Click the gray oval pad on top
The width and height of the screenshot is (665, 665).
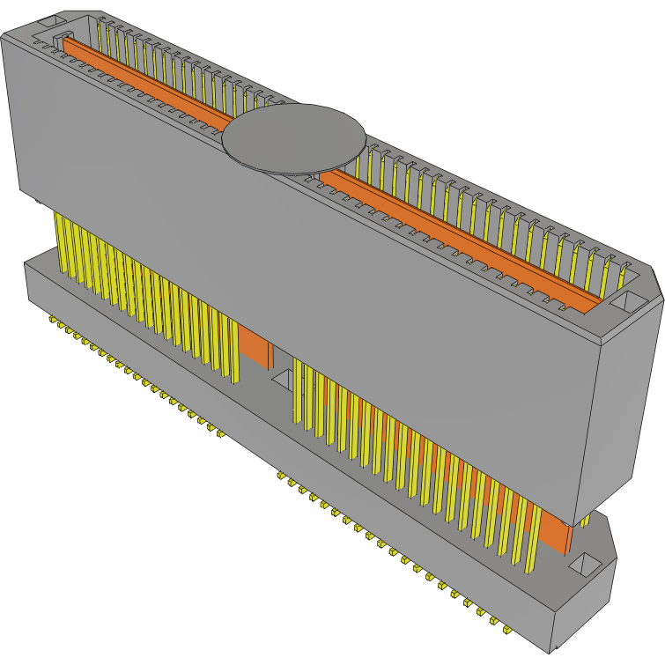pos(293,137)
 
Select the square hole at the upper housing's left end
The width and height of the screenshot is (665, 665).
pos(50,19)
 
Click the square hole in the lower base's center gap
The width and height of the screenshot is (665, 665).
pos(284,380)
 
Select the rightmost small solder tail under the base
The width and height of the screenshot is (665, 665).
pos(507,629)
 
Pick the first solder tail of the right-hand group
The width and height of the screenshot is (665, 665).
pos(281,477)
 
